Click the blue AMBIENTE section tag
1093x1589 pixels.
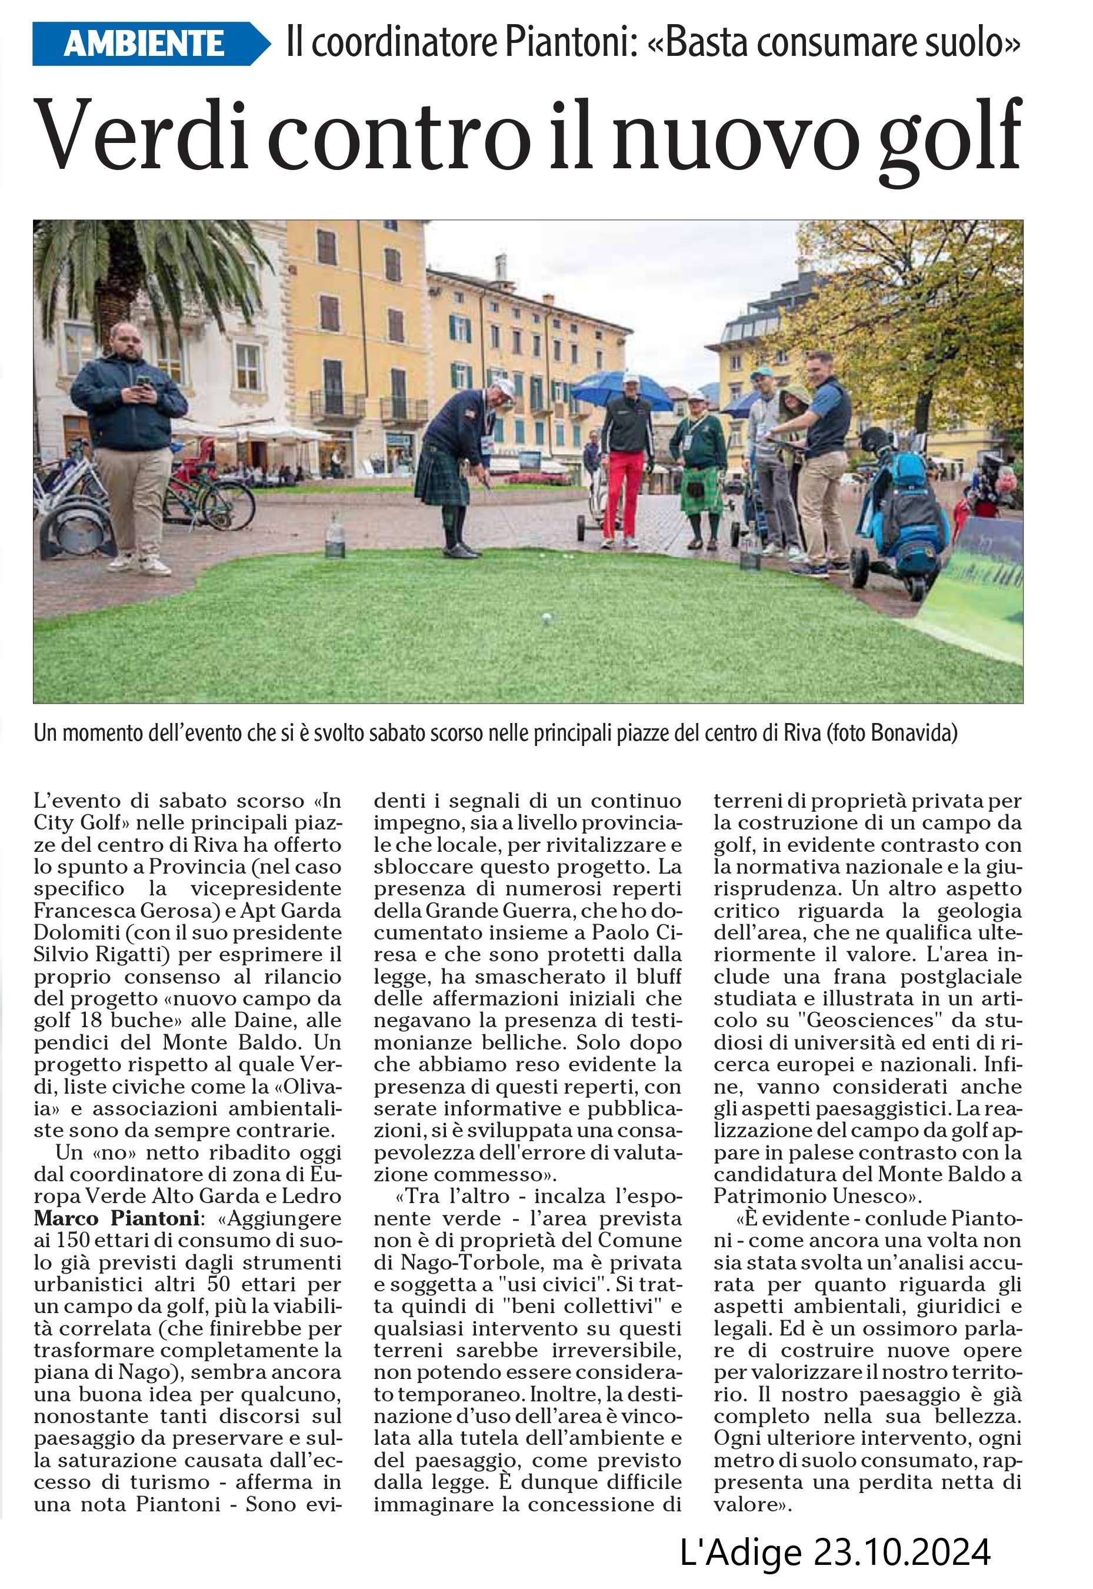coord(144,44)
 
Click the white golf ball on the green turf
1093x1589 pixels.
coord(546,619)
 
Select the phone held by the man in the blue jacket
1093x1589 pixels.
coord(142,381)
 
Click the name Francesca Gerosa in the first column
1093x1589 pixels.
coord(118,911)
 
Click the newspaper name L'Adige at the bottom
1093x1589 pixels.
coord(739,1551)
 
